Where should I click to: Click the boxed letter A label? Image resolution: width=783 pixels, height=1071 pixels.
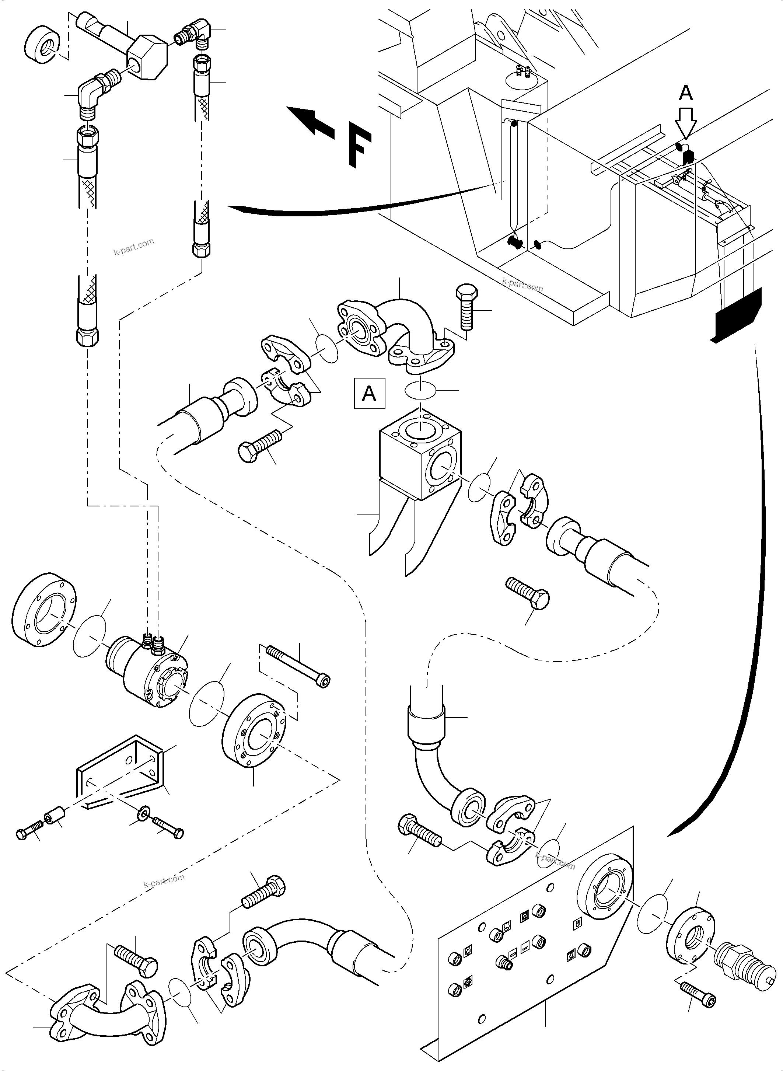(369, 394)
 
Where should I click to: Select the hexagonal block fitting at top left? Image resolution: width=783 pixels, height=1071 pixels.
(146, 58)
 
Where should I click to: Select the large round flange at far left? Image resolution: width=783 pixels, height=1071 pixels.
(43, 611)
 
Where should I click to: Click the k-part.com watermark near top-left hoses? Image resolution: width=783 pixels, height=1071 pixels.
(134, 247)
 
